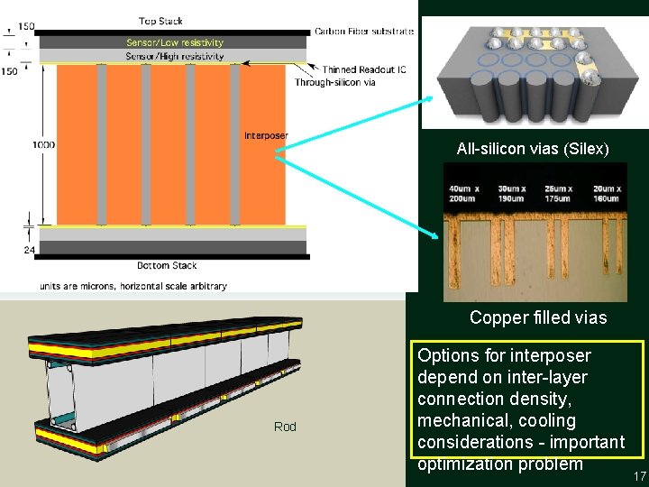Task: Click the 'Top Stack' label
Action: click(x=160, y=21)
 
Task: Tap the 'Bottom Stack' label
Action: click(x=167, y=265)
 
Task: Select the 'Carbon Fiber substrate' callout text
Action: click(x=364, y=32)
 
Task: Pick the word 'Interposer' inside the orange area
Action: click(x=266, y=136)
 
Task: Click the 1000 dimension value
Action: click(x=42, y=144)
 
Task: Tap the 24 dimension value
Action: click(x=30, y=250)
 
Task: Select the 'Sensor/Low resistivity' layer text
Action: click(x=175, y=42)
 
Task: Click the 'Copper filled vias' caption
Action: click(x=538, y=317)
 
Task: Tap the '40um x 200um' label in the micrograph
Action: click(x=464, y=192)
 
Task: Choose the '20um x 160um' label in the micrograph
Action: click(x=607, y=192)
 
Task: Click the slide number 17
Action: click(x=640, y=476)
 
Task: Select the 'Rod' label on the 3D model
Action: click(x=286, y=427)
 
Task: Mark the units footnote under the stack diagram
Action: click(x=133, y=286)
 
